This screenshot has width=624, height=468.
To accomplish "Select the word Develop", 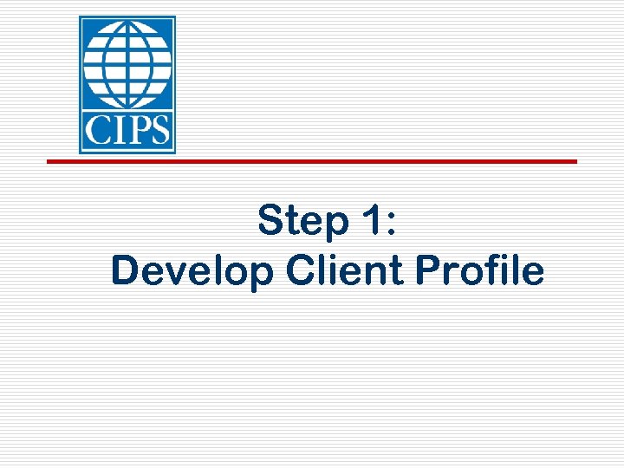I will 192,272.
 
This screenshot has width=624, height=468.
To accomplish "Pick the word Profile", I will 480,270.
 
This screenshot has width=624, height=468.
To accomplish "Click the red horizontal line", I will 311,161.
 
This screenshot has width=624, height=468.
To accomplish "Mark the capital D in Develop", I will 125,270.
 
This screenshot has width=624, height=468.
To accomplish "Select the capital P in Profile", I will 428,270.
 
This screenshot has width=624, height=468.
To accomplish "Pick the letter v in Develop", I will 172,274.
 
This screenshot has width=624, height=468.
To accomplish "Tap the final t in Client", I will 400,271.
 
